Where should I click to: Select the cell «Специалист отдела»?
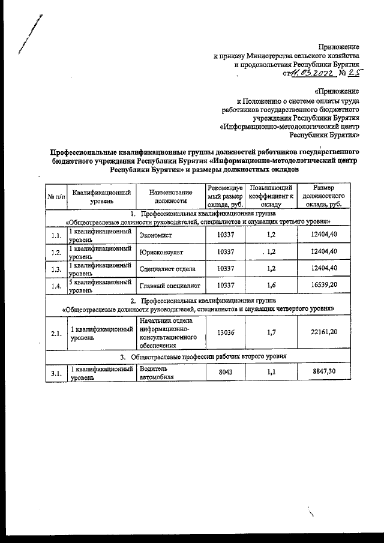[167, 268]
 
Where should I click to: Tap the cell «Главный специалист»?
[169, 285]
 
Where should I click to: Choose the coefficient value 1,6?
[271, 285]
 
